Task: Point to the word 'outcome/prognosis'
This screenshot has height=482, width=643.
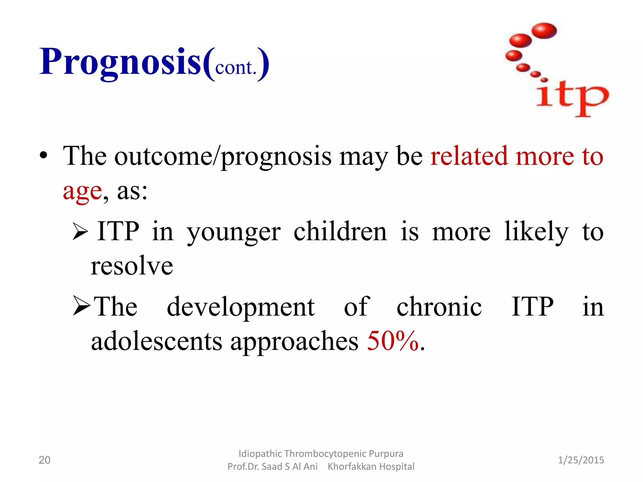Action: pyautogui.click(x=223, y=156)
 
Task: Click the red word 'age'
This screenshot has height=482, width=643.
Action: pyautogui.click(x=82, y=191)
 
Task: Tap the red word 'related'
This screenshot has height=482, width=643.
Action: pyautogui.click(x=469, y=156)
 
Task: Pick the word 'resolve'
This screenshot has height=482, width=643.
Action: pyautogui.click(x=132, y=266)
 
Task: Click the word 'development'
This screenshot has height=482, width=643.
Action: pyautogui.click(x=240, y=307)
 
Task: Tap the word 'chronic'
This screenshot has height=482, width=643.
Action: pyautogui.click(x=439, y=307)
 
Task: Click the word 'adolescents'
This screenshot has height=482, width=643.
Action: pyautogui.click(x=156, y=341)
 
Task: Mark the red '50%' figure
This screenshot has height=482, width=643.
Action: pyautogui.click(x=393, y=341)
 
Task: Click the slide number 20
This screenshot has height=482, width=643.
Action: pyautogui.click(x=44, y=460)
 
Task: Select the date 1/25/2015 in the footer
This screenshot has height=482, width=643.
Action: pyautogui.click(x=581, y=460)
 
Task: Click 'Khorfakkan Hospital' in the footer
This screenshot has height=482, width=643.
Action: pyautogui.click(x=371, y=467)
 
